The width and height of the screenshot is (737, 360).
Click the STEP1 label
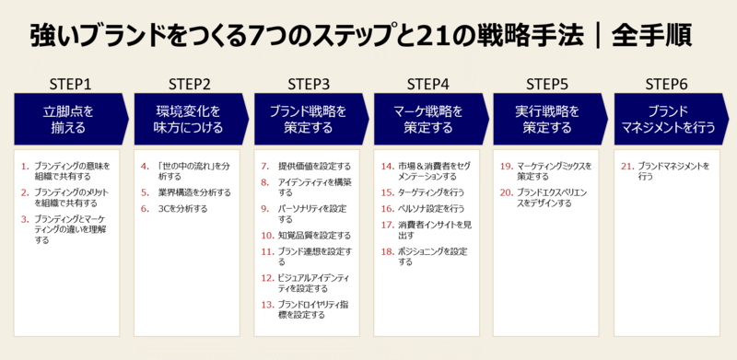click(70, 84)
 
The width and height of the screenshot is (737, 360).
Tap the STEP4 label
click(428, 84)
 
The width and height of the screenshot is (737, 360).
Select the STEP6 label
click(666, 84)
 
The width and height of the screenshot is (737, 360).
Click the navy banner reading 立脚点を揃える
click(71, 119)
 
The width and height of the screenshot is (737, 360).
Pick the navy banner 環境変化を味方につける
click(192, 119)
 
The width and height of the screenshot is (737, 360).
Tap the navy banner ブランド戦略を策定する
click(311, 119)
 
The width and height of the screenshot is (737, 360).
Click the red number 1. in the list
click(25, 167)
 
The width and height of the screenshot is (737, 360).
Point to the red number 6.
click(145, 209)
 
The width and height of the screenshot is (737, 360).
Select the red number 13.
click(267, 305)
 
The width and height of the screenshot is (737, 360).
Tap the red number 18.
click(387, 251)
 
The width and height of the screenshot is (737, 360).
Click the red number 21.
click(628, 167)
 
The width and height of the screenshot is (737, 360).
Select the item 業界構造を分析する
click(194, 192)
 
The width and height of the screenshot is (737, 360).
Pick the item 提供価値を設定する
click(314, 167)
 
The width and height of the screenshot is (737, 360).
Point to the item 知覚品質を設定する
click(314, 236)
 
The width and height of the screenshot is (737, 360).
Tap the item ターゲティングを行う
click(431, 192)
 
